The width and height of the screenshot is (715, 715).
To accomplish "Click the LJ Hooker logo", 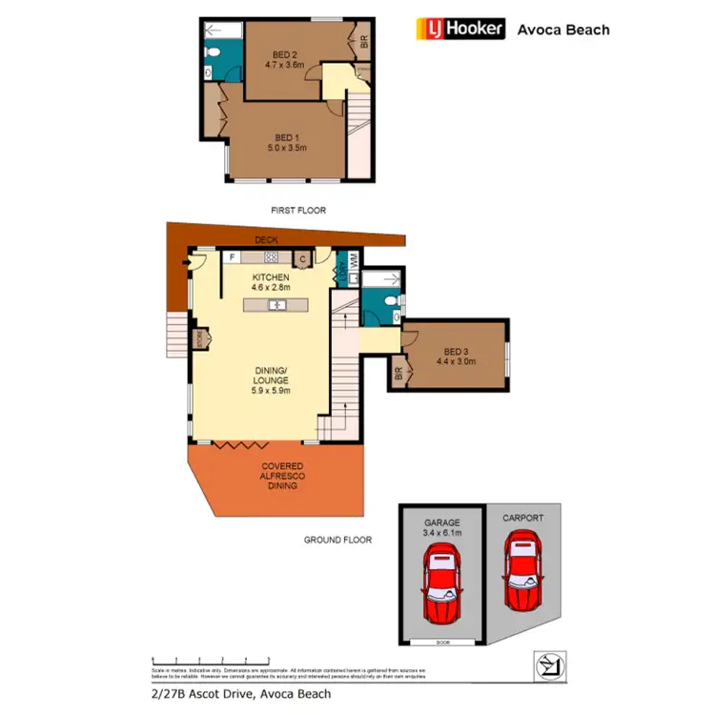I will coord(461,29).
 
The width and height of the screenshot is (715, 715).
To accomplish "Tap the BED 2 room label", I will coord(283,52).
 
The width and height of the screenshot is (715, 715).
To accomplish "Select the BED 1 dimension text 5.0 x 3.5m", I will coord(287,148).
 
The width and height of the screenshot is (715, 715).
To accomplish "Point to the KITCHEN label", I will coord(270,277).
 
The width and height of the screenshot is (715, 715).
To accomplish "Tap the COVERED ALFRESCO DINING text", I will coord(283,476).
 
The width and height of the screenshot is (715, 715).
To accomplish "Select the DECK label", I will coord(265,240).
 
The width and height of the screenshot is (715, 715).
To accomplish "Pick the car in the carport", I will coord(524,573).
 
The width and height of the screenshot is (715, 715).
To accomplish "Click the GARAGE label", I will coord(441,522).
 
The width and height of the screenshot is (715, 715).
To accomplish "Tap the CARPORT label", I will coord(523,518).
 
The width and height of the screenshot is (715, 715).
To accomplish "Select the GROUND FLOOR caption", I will coord(337,540).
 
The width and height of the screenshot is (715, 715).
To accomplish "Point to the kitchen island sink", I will coord(276,305).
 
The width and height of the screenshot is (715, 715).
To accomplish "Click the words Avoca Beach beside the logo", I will coord(562,30).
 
